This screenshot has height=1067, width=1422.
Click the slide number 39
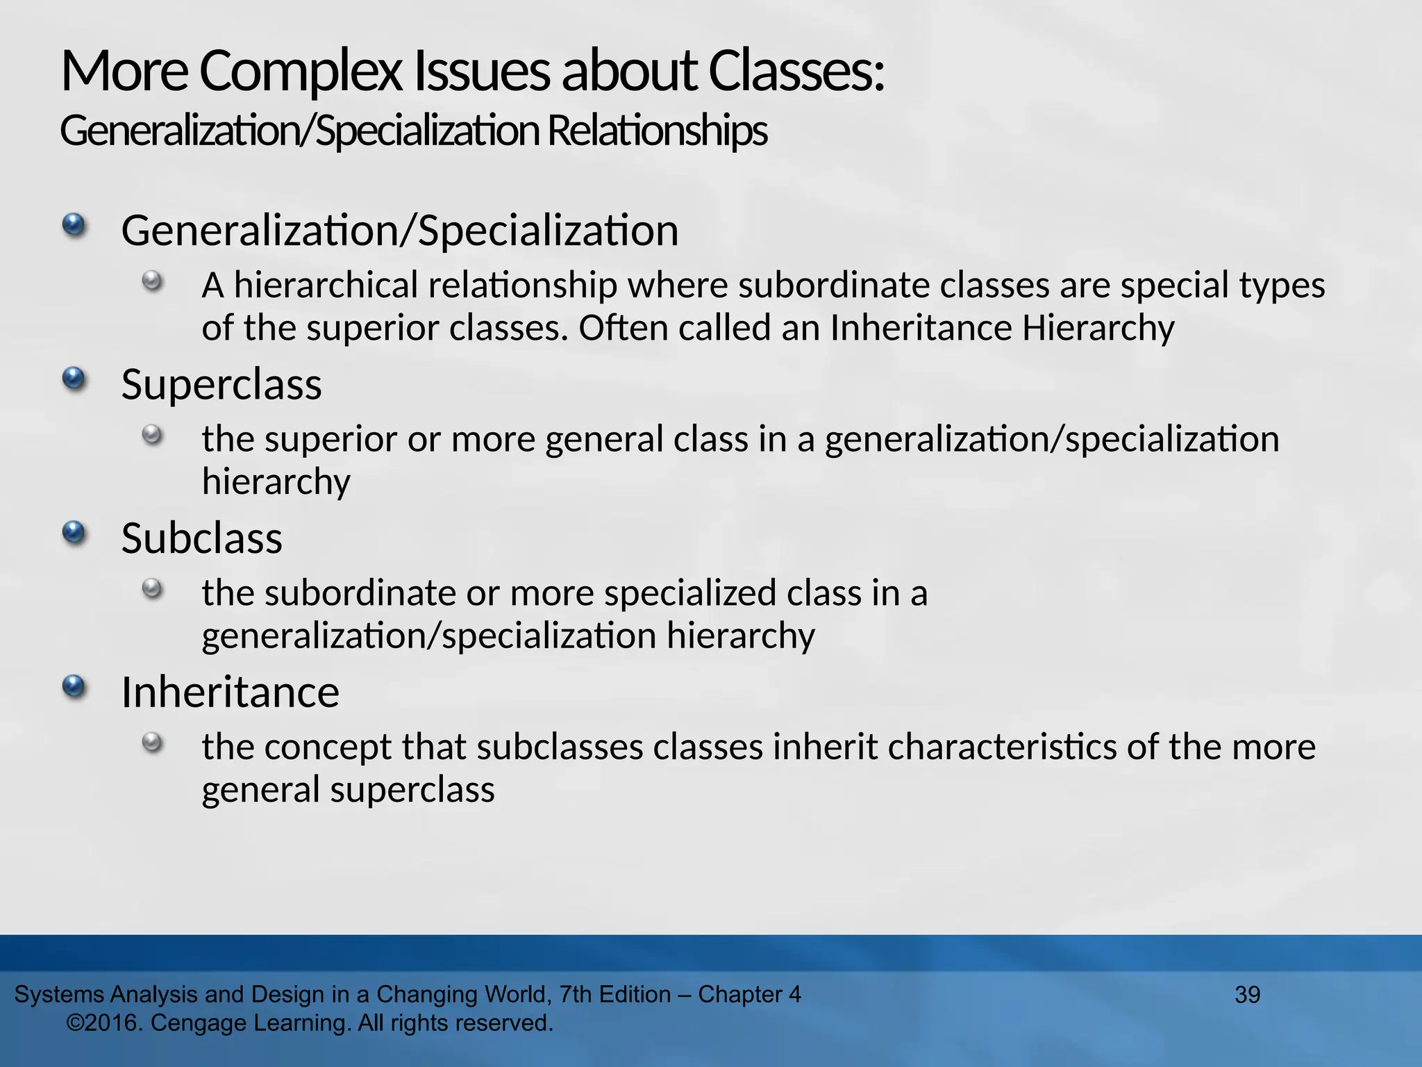click(1247, 995)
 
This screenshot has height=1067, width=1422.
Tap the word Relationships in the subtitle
click(657, 131)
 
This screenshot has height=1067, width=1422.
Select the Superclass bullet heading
click(221, 384)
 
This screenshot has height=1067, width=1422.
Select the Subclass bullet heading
click(201, 538)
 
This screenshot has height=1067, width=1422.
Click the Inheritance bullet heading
click(230, 693)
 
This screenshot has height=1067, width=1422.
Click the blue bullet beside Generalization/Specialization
click(74, 225)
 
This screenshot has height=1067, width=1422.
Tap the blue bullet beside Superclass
click(74, 379)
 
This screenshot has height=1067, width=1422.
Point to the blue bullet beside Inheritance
click(74, 687)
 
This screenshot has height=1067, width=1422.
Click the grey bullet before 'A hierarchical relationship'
click(152, 281)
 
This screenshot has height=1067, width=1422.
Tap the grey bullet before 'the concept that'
click(152, 743)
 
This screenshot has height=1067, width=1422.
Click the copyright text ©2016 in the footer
click(105, 1023)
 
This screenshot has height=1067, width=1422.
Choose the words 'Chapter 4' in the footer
click(749, 995)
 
